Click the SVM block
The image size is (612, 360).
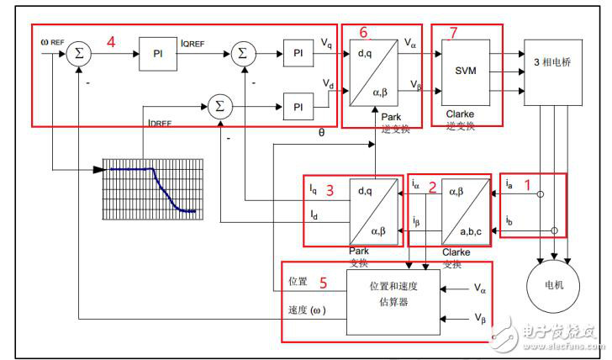coord(466,71)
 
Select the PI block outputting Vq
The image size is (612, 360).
coord(298,53)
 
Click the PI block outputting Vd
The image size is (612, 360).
coord(298,107)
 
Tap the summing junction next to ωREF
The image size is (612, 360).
coord(80,52)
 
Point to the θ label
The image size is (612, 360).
coord(320,133)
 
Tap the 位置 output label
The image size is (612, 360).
coord(298,282)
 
